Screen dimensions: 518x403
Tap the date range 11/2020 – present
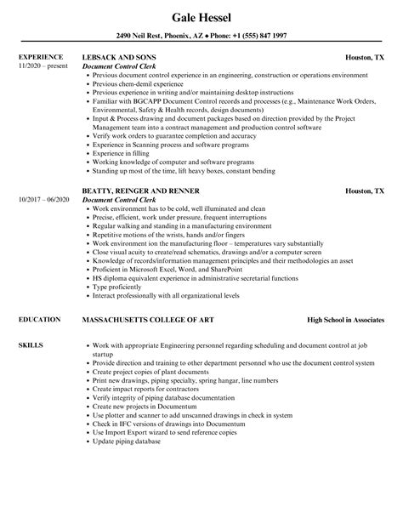point(43,66)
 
